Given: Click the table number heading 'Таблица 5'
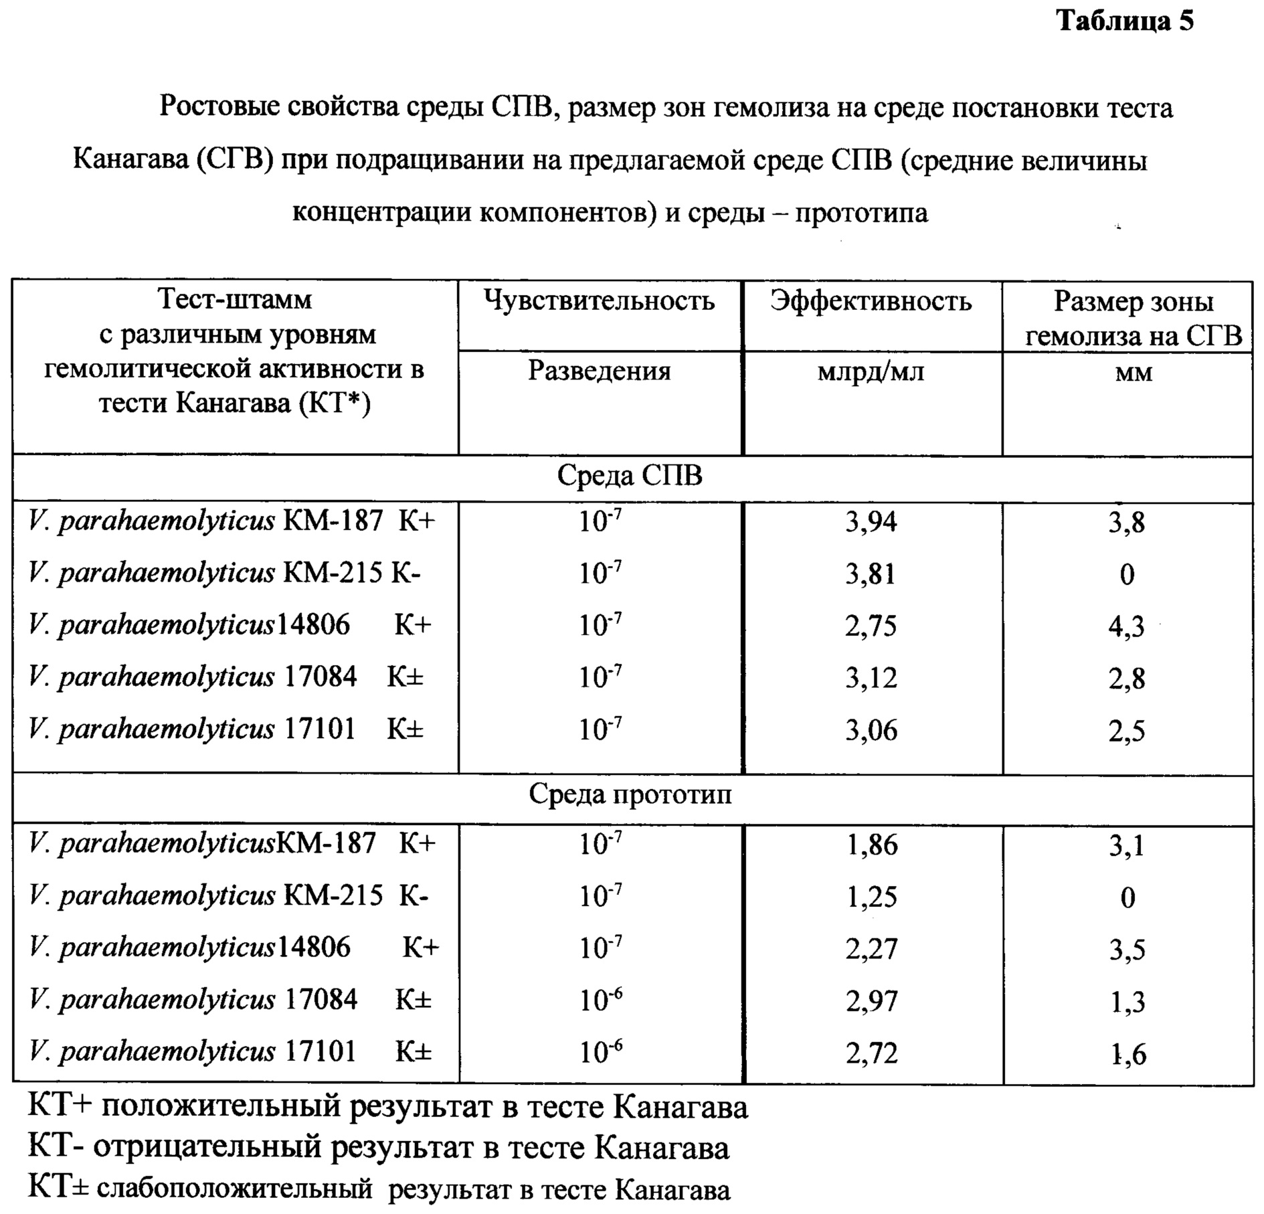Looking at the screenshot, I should [x=1125, y=22].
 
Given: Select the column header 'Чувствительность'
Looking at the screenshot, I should [x=599, y=301].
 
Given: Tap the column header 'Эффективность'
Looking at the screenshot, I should [x=871, y=301].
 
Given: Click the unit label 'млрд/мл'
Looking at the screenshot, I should [x=871, y=371].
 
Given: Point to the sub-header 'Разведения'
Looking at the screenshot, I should [x=599, y=371].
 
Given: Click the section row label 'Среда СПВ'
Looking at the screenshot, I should [x=630, y=476].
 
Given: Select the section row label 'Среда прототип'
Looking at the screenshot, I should [x=630, y=795].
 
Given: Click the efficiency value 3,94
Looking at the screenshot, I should [x=871, y=522].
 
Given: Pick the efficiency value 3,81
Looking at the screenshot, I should [x=871, y=574].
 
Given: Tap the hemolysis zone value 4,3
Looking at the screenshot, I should [x=1126, y=626].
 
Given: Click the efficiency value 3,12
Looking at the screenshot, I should [x=871, y=678].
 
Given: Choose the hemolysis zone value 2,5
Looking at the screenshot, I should [x=1126, y=730].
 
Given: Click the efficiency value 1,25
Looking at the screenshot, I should [x=872, y=897].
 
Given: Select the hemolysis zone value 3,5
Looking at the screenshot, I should [x=1127, y=950].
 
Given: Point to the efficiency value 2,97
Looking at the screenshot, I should [x=872, y=1001].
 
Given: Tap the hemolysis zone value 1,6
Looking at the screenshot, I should [x=1127, y=1054].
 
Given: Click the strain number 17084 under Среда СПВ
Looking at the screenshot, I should [x=321, y=677].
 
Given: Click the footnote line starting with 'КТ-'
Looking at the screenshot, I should [x=378, y=1148].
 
